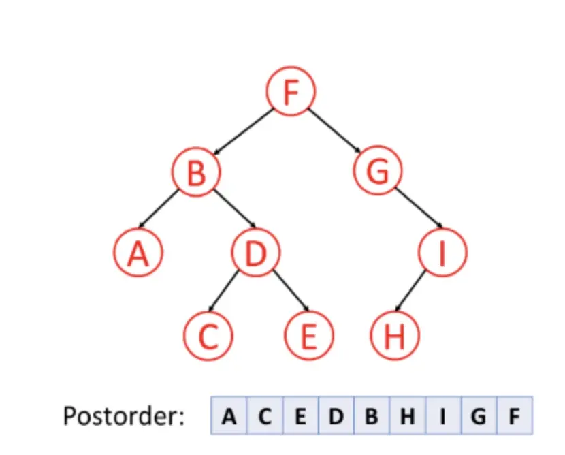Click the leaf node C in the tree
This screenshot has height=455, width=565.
208,336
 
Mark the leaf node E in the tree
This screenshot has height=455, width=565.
308,336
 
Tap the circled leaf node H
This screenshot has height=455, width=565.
395,336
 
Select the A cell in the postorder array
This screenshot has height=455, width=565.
229,415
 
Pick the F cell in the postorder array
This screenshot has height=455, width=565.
515,415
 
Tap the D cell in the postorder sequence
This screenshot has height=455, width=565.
336,415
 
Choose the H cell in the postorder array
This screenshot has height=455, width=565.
407,415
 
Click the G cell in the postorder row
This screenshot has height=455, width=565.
479,415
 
